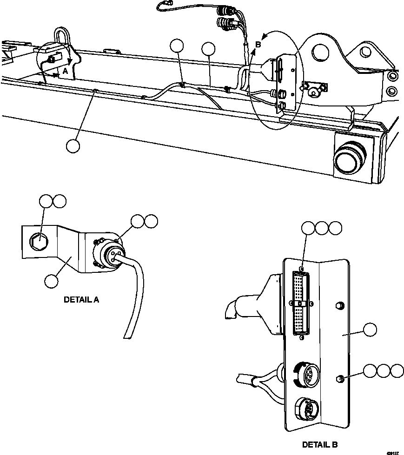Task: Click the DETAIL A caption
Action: [x=81, y=300]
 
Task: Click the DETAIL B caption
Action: [x=320, y=444]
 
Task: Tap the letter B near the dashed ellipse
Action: [x=258, y=45]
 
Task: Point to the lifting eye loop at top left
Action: [x=62, y=36]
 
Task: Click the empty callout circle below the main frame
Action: [x=73, y=145]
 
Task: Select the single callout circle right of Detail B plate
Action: [x=370, y=330]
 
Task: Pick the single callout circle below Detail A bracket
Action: [x=52, y=280]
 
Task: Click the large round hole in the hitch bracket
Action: [x=321, y=52]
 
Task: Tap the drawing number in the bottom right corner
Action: [x=393, y=451]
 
